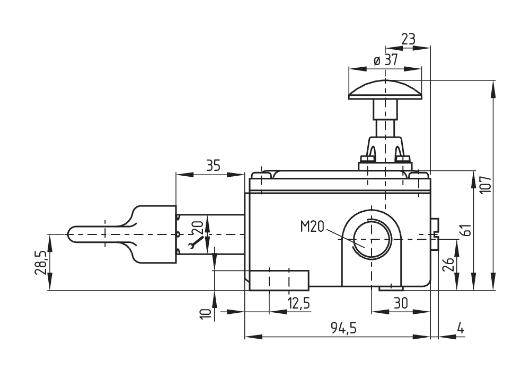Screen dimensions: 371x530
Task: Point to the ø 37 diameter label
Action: pos(385,60)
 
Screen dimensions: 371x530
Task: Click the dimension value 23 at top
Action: pos(408,39)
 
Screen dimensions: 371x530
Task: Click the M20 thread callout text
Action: pos(312,227)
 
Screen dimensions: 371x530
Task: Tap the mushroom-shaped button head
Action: pos(385,89)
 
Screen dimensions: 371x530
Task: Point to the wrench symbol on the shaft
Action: pos(196,242)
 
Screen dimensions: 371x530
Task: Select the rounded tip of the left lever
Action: pos(73,233)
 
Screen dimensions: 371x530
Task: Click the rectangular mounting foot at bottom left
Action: pos(279,280)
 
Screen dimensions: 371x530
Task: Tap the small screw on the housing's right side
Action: pos(435,233)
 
